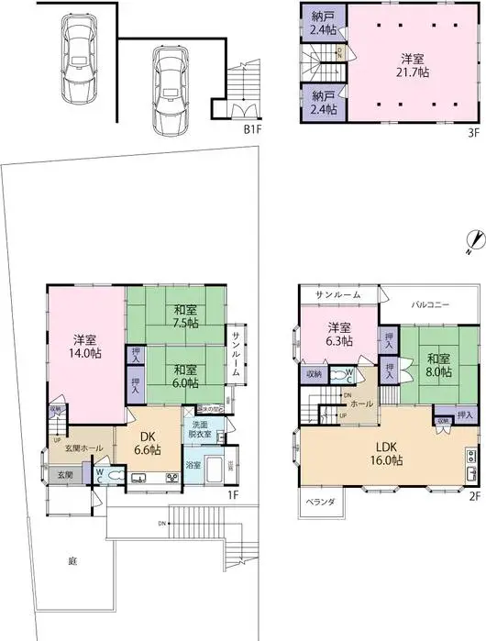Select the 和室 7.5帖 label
(x=180, y=315)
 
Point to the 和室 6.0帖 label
(x=180, y=375)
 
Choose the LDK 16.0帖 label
(x=383, y=453)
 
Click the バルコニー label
(x=429, y=304)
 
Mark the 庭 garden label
(x=72, y=560)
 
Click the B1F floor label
(x=253, y=128)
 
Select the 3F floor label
(x=473, y=130)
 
